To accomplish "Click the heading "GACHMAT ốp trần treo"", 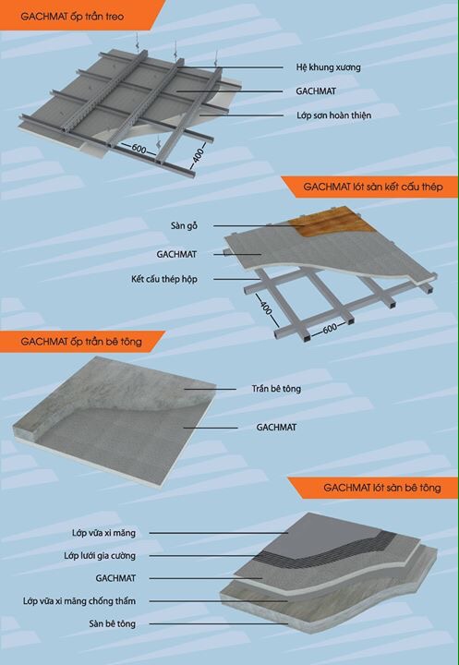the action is [72, 17].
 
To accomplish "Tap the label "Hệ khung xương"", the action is [329, 67].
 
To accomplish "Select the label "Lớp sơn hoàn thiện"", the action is [333, 115].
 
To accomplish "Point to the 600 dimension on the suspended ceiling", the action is [139, 149].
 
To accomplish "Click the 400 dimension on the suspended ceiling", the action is [199, 156].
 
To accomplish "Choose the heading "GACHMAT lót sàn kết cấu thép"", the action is [373, 187].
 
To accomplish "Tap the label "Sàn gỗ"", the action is [184, 225].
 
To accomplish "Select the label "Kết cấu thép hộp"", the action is [164, 279].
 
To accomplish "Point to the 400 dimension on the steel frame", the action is [266, 308].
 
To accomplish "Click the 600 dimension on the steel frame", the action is [330, 328].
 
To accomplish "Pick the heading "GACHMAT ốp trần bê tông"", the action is [81, 342].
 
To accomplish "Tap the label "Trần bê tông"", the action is [276, 389].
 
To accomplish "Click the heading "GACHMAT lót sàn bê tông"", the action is [382, 488].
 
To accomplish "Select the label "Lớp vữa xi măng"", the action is [104, 533].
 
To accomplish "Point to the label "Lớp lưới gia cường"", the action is [100, 556].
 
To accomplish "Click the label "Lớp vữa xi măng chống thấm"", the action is [79, 601].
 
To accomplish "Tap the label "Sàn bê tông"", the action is [113, 623].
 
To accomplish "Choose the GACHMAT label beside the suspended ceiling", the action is [316, 91].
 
